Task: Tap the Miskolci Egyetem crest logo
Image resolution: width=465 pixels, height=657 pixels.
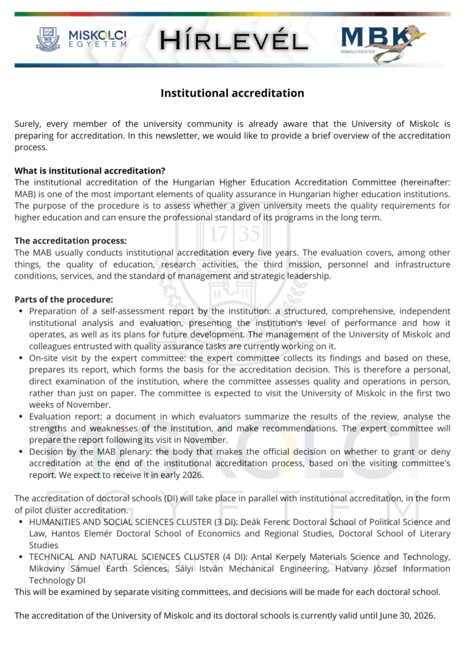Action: pyautogui.click(x=49, y=39)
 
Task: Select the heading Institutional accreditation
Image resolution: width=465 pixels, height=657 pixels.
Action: pyautogui.click(x=232, y=93)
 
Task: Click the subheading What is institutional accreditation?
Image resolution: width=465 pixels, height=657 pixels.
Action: pyautogui.click(x=90, y=170)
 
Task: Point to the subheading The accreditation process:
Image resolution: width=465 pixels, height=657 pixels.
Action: pyautogui.click(x=71, y=241)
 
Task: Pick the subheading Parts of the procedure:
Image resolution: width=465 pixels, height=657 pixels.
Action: pyautogui.click(x=64, y=299)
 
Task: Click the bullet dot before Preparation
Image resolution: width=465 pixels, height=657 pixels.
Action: pyautogui.click(x=21, y=311)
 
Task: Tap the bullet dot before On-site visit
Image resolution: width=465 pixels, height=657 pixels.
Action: pyautogui.click(x=21, y=358)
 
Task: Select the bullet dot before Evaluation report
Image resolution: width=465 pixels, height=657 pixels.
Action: pyautogui.click(x=21, y=417)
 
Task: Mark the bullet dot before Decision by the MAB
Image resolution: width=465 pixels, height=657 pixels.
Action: pyautogui.click(x=21, y=452)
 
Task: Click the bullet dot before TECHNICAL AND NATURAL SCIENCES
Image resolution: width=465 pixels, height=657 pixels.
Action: pyautogui.click(x=21, y=557)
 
